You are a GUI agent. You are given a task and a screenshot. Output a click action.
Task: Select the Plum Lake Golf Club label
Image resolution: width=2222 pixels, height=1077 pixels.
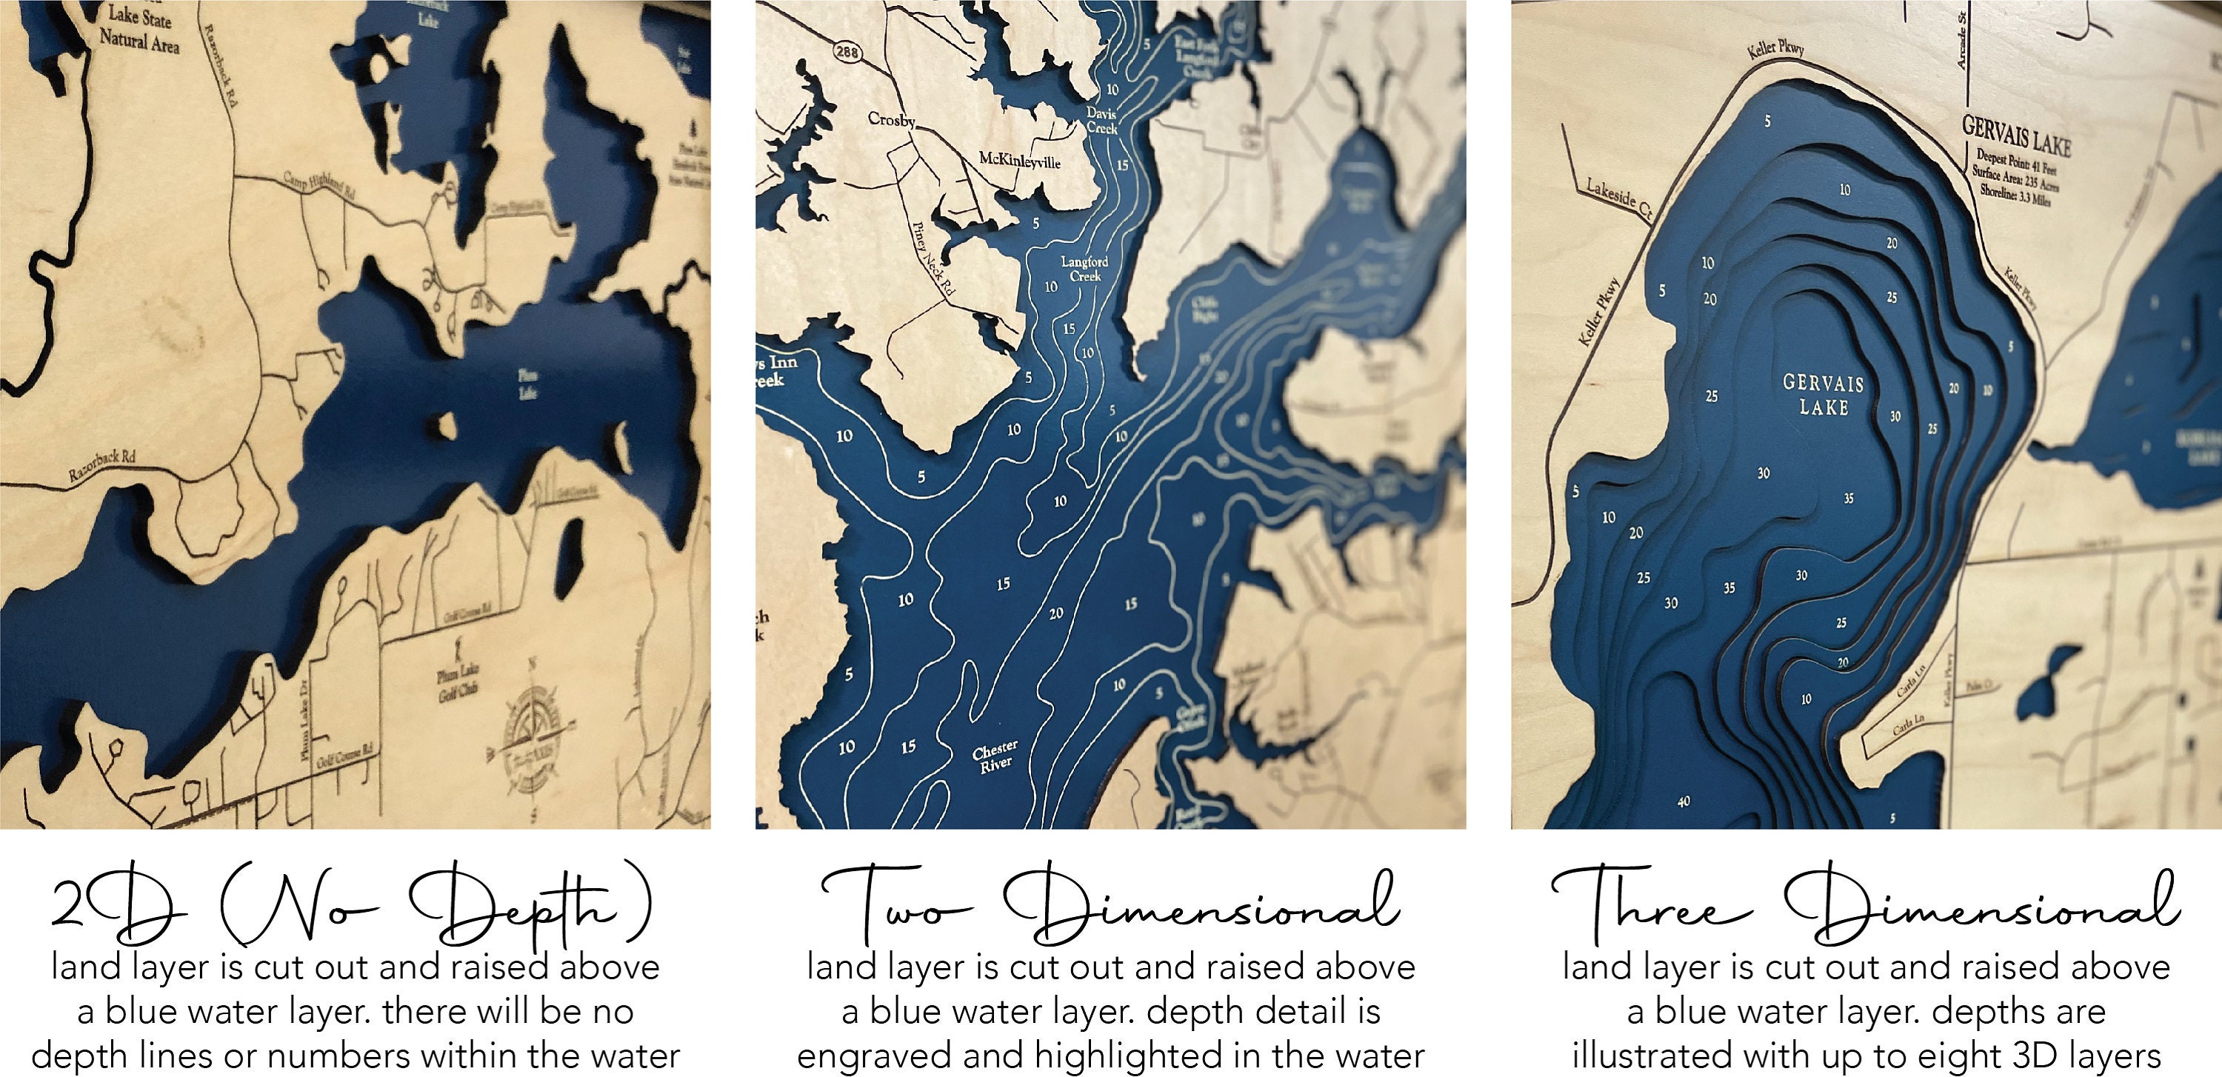pyautogui.click(x=458, y=683)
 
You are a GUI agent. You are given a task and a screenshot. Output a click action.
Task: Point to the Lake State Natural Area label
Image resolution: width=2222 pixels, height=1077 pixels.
pyautogui.click(x=139, y=28)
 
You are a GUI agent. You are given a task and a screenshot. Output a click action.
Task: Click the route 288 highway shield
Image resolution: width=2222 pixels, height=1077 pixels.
pyautogui.click(x=848, y=53)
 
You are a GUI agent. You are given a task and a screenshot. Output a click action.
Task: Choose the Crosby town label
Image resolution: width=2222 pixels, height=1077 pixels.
pyautogui.click(x=891, y=120)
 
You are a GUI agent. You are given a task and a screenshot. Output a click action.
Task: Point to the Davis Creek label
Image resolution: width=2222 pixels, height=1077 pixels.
pyautogui.click(x=1101, y=121)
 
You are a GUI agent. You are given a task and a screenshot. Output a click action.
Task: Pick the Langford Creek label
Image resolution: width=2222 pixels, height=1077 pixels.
pyautogui.click(x=1085, y=268)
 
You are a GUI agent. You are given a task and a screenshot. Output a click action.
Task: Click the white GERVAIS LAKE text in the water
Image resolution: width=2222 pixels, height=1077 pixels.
pyautogui.click(x=1824, y=395)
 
